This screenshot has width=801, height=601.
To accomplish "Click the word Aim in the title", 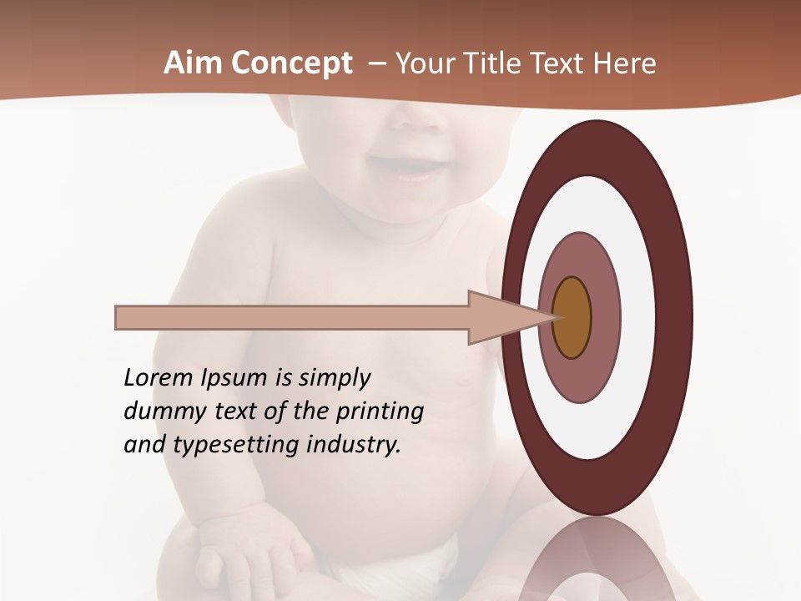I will pos(193,63).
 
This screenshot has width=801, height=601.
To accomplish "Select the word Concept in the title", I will pos(291,63).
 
